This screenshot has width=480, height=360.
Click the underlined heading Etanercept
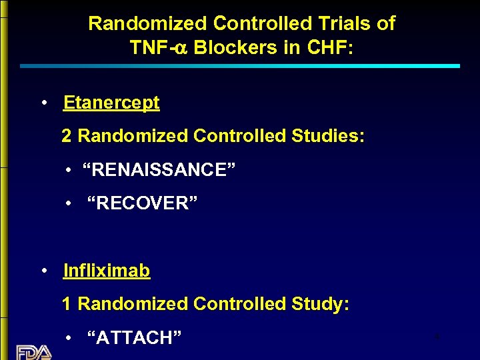click(111, 103)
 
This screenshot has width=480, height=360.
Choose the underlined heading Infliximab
click(107, 271)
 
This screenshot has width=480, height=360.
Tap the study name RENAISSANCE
click(159, 170)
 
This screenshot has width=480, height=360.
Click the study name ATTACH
click(135, 338)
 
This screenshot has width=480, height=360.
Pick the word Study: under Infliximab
click(321, 305)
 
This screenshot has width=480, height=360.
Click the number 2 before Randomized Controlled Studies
click(67, 137)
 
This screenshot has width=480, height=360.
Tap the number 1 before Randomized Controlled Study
click(67, 305)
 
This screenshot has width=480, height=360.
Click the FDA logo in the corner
click(33, 352)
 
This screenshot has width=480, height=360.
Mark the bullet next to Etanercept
click(43, 103)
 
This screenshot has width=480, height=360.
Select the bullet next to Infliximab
click(43, 271)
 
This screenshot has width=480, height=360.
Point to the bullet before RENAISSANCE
click(69, 171)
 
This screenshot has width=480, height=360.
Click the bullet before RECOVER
click(69, 204)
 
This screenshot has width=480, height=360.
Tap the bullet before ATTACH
click(69, 339)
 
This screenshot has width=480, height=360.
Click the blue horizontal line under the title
click(240, 66)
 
